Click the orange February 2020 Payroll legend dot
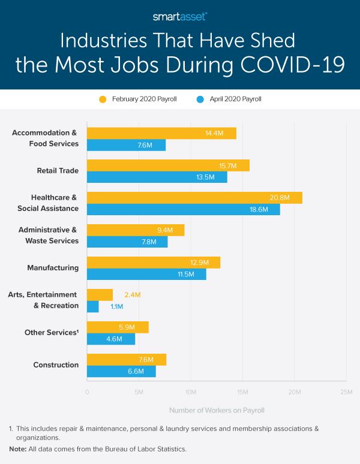click(x=103, y=99)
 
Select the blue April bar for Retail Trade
click(x=157, y=177)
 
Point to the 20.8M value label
click(x=280, y=197)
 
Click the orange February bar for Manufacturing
click(x=154, y=262)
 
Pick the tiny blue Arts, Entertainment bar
click(x=92, y=306)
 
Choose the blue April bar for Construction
click(x=121, y=371)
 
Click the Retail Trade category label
click(x=58, y=171)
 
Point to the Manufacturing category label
click(x=53, y=268)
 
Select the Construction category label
click(x=56, y=365)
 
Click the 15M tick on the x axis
click(x=242, y=392)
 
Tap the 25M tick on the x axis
click(x=346, y=392)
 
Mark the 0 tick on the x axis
click(x=87, y=392)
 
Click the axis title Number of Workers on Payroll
click(x=217, y=411)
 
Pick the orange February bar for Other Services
click(x=118, y=327)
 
